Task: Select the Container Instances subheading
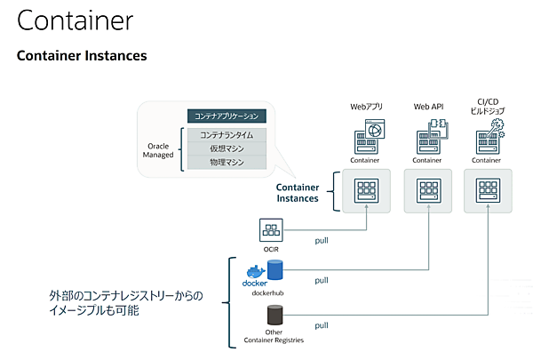(x=82, y=56)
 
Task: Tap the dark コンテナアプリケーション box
(x=227, y=116)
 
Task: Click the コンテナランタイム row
(x=227, y=134)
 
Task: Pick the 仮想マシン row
(x=227, y=148)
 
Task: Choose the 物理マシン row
(x=227, y=163)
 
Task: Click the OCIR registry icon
(x=270, y=230)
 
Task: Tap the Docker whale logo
(x=253, y=271)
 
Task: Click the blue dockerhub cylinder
(x=274, y=269)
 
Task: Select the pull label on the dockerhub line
(x=322, y=280)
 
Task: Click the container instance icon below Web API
(x=428, y=191)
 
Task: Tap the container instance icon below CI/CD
(x=487, y=191)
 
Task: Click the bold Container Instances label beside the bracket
(x=298, y=193)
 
